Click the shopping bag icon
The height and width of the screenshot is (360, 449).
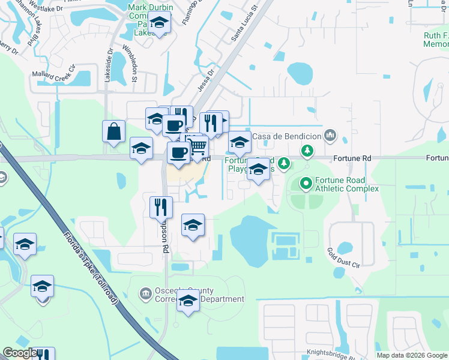[114, 131]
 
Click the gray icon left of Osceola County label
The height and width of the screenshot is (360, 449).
[146, 293]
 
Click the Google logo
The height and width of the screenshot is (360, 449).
[20, 353]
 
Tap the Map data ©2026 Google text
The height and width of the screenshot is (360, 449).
[411, 355]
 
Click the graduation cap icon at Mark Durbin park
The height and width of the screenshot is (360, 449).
[160, 23]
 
